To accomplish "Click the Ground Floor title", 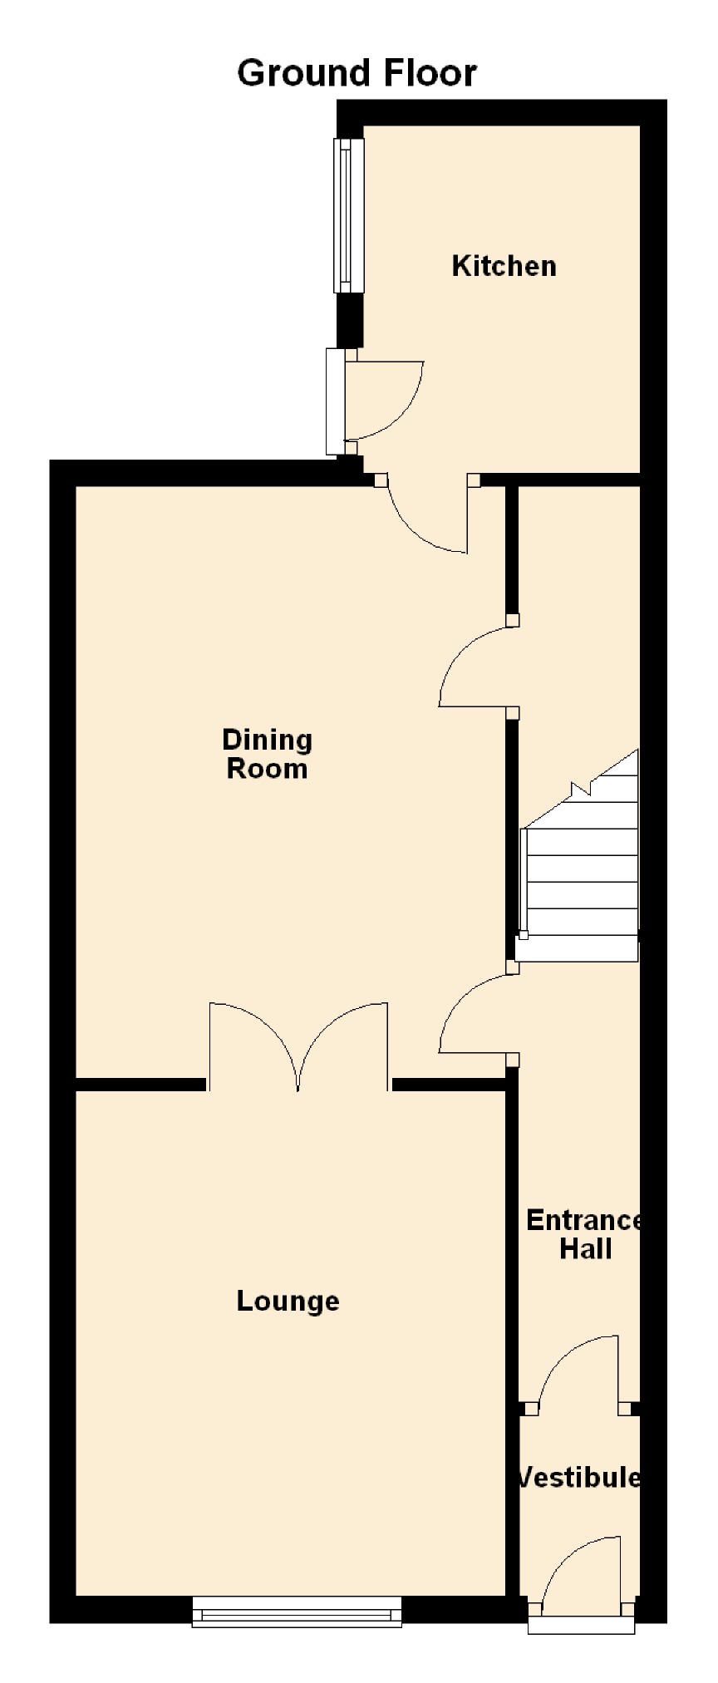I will (x=357, y=73).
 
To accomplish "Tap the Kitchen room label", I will (x=504, y=266).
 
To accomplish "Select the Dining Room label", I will (x=267, y=754).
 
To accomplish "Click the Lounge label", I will (x=288, y=1301).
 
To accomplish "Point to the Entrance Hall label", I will (x=584, y=1234).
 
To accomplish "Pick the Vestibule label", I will (x=578, y=1477).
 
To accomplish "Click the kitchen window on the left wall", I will (x=349, y=215).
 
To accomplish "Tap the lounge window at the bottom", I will (x=297, y=1612).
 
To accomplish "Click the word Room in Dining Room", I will (x=267, y=769).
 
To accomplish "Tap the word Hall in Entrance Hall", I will (x=586, y=1249).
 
